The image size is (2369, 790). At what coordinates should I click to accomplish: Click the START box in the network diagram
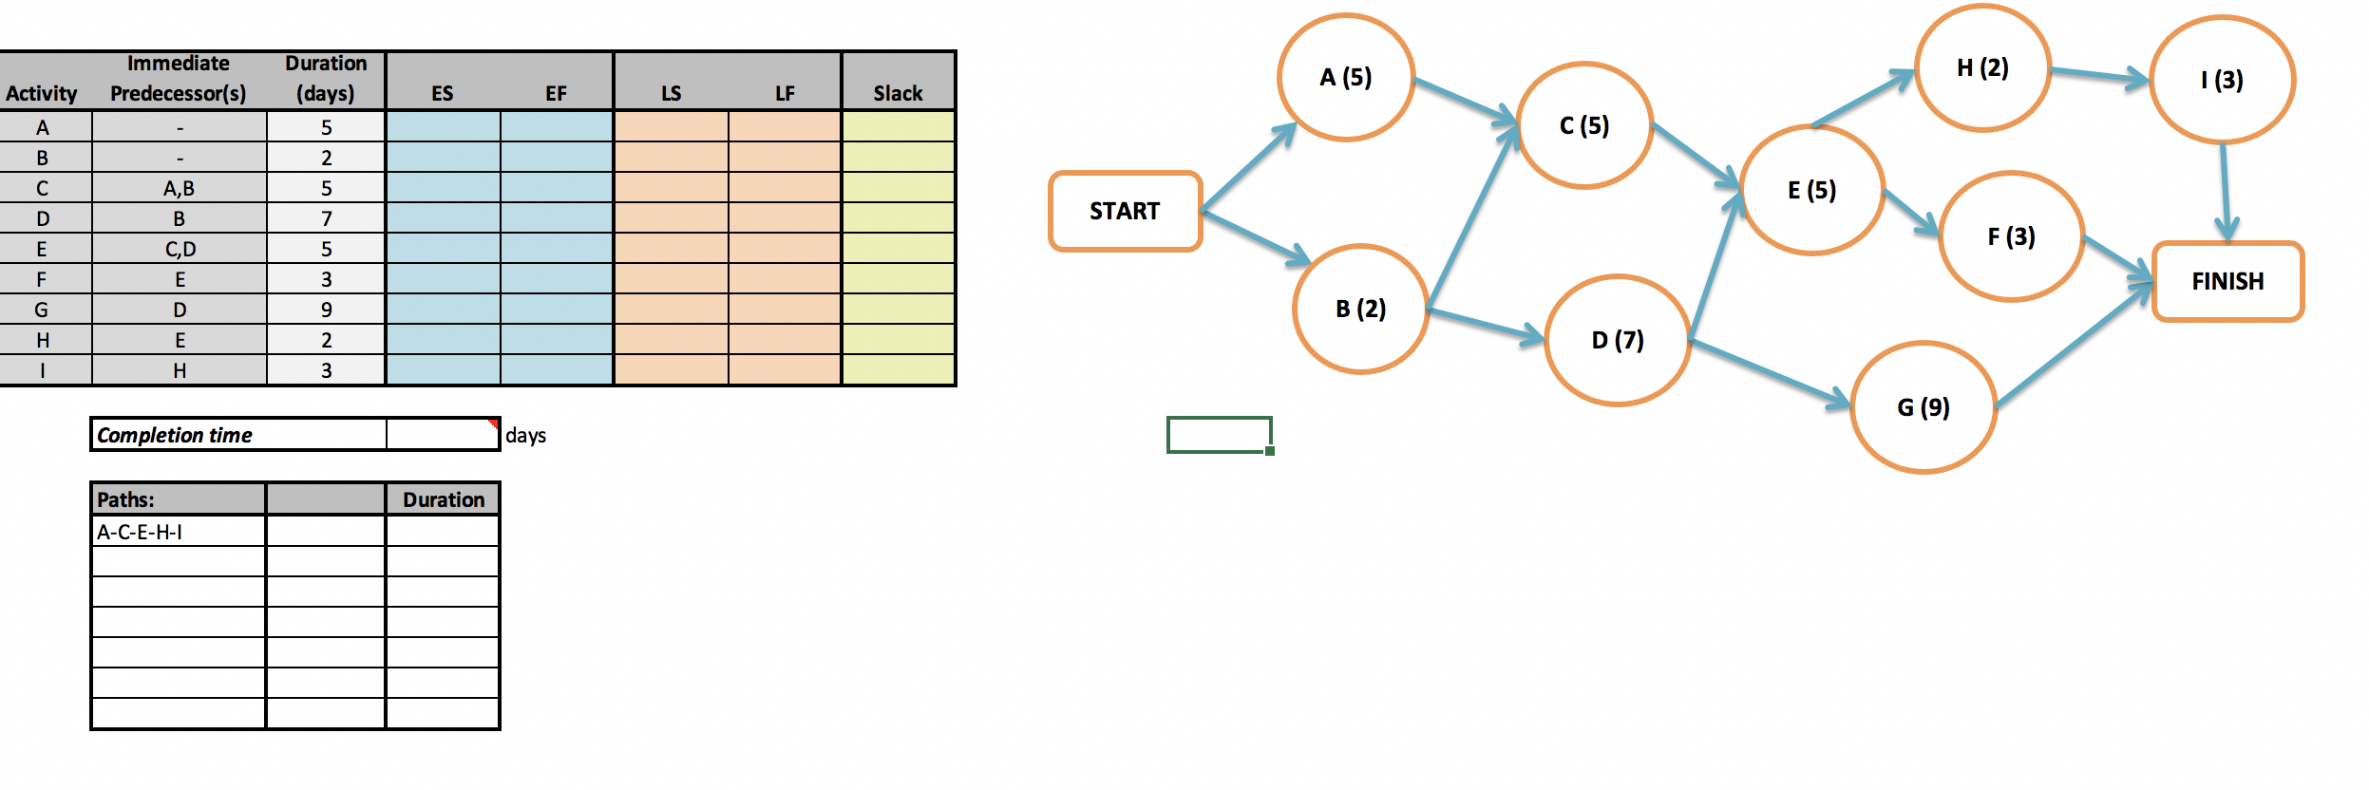pos(1125,211)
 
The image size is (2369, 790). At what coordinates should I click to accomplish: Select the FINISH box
pos(2227,281)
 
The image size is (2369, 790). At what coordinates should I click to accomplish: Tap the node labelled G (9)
pos(1924,407)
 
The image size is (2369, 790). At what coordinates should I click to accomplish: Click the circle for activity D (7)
pos(1618,340)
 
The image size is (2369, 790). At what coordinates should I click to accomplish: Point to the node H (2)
pos(1982,68)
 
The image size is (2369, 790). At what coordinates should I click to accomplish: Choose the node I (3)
pos(2222,80)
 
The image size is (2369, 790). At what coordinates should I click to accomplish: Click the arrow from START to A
pos(1248,167)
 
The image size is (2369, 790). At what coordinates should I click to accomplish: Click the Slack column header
pos(898,93)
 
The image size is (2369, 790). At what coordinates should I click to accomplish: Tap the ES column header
pos(442,93)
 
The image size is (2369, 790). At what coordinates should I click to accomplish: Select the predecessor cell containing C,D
pos(180,249)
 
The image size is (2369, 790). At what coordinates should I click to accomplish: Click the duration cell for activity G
pos(326,310)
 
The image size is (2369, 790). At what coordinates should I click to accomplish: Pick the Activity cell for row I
pos(43,370)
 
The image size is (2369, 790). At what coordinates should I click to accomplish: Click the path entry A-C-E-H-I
pos(140,532)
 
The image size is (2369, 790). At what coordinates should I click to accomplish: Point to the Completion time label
pos(175,435)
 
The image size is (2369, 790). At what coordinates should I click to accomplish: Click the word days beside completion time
pos(525,435)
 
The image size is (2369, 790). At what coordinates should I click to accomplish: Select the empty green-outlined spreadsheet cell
pos(1219,435)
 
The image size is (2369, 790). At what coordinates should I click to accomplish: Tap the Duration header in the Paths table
pos(443,499)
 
